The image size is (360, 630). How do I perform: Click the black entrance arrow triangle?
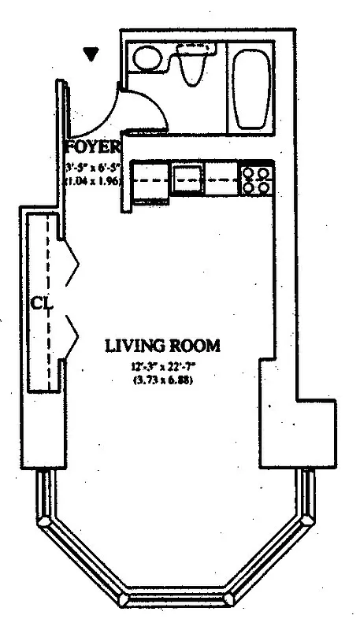click(x=93, y=54)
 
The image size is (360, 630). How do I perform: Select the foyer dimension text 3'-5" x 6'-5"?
click(x=93, y=165)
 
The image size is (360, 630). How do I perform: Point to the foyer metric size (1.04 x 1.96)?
click(x=93, y=179)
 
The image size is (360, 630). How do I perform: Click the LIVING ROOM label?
click(x=162, y=345)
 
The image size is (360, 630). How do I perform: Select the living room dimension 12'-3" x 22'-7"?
click(x=162, y=366)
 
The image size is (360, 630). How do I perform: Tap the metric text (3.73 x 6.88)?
click(x=162, y=380)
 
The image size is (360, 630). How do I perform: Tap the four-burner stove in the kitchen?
click(x=257, y=180)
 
